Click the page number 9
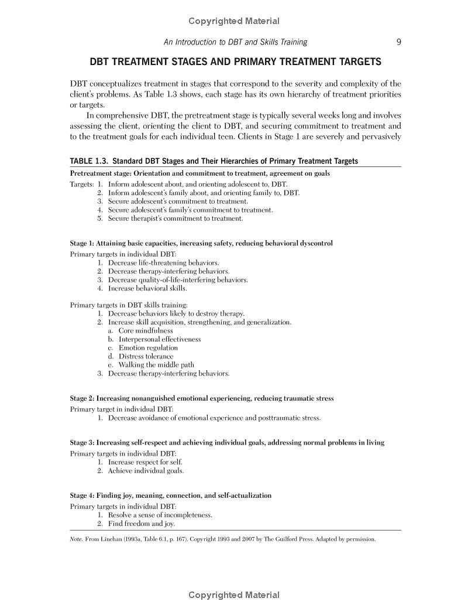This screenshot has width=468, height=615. pyautogui.click(x=398, y=42)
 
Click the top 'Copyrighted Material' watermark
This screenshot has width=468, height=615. pyautogui.click(x=234, y=21)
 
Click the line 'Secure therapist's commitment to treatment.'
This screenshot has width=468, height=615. pyautogui.click(x=175, y=218)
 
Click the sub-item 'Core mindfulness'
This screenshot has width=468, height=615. pyautogui.click(x=146, y=330)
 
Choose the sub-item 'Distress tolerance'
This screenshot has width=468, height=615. pyautogui.click(x=146, y=356)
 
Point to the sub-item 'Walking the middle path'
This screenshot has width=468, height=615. pyautogui.click(x=156, y=364)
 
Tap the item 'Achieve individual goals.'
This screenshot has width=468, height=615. pyautogui.click(x=146, y=470)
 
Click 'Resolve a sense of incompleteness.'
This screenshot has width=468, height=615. pyautogui.click(x=160, y=515)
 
